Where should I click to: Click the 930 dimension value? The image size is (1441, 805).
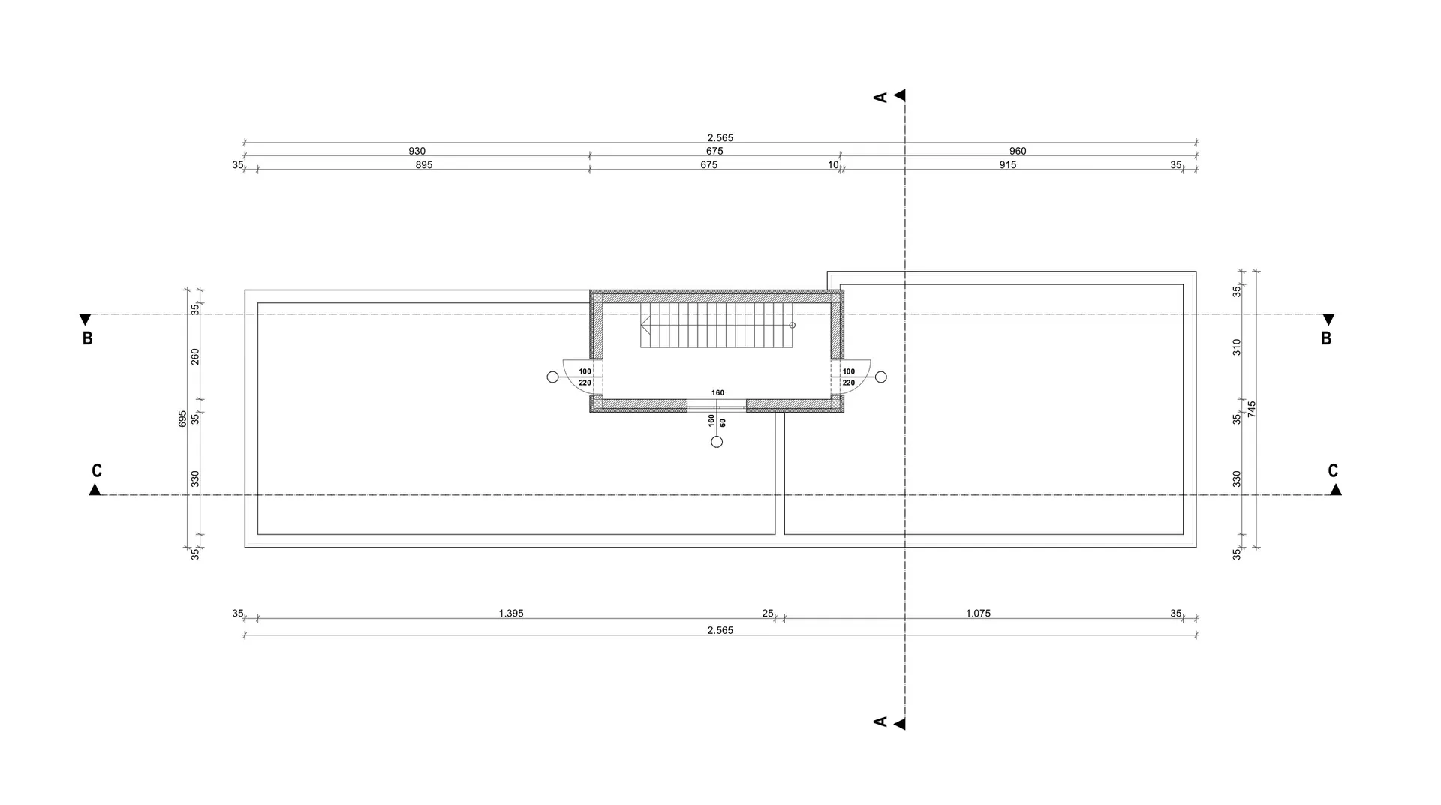417,151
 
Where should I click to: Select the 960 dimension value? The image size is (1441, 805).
1018,151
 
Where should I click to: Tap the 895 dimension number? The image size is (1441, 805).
424,165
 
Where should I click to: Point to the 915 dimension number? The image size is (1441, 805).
1008,165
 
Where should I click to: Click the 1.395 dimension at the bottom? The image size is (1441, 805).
511,614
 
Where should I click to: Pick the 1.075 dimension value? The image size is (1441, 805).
978,614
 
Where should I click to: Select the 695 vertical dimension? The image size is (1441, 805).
182,419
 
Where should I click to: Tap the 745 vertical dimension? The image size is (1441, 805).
1252,410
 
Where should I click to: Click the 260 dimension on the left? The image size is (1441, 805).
195,356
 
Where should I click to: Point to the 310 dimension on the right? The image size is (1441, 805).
1237,347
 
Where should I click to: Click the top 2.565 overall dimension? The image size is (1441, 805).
720,138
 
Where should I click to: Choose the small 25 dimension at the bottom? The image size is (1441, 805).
768,614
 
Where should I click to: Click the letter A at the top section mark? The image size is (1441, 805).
881,97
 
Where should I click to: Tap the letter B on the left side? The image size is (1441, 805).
88,338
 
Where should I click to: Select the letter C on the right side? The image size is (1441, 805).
1333,471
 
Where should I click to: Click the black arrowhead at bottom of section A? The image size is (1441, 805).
900,724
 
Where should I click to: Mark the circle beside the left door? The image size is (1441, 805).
553,377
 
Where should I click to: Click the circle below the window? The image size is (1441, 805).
717,442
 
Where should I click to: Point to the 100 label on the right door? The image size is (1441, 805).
849,371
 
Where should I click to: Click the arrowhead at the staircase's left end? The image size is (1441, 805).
644,325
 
